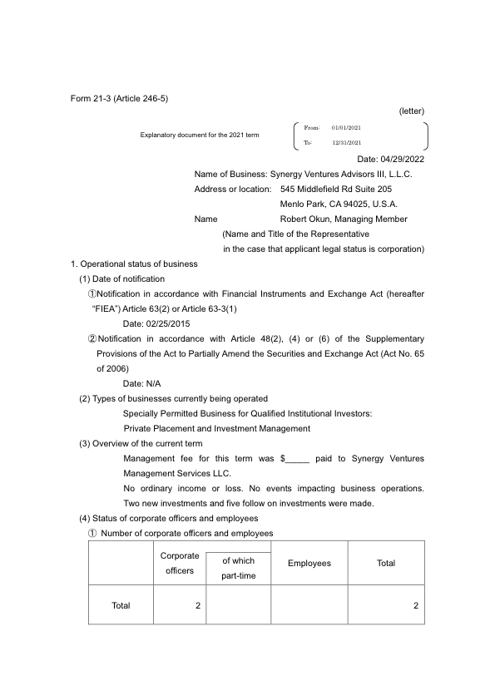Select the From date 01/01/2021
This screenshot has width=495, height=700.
(346, 127)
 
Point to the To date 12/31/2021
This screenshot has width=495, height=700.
(346, 143)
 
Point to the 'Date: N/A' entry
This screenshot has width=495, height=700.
(141, 383)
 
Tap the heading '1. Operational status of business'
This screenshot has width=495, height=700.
(134, 264)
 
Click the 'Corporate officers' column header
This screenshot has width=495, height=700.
(180, 563)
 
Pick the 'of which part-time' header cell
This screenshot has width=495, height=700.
(238, 569)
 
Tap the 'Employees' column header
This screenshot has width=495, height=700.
(309, 564)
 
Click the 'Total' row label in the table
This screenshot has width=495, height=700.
(121, 605)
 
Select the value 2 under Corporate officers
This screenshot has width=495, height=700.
(198, 605)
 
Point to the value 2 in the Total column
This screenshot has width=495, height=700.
(415, 605)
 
